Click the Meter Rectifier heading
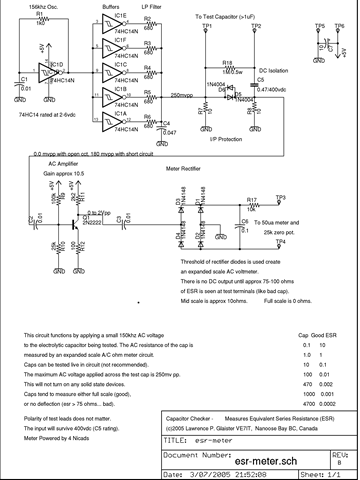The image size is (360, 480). click(185, 182)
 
